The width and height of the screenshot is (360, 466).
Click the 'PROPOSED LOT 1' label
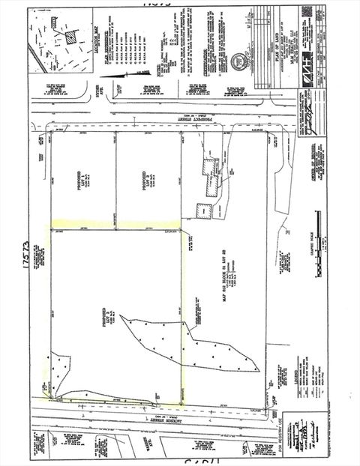click(82, 177)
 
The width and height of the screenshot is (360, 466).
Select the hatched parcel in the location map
click(70, 34)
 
